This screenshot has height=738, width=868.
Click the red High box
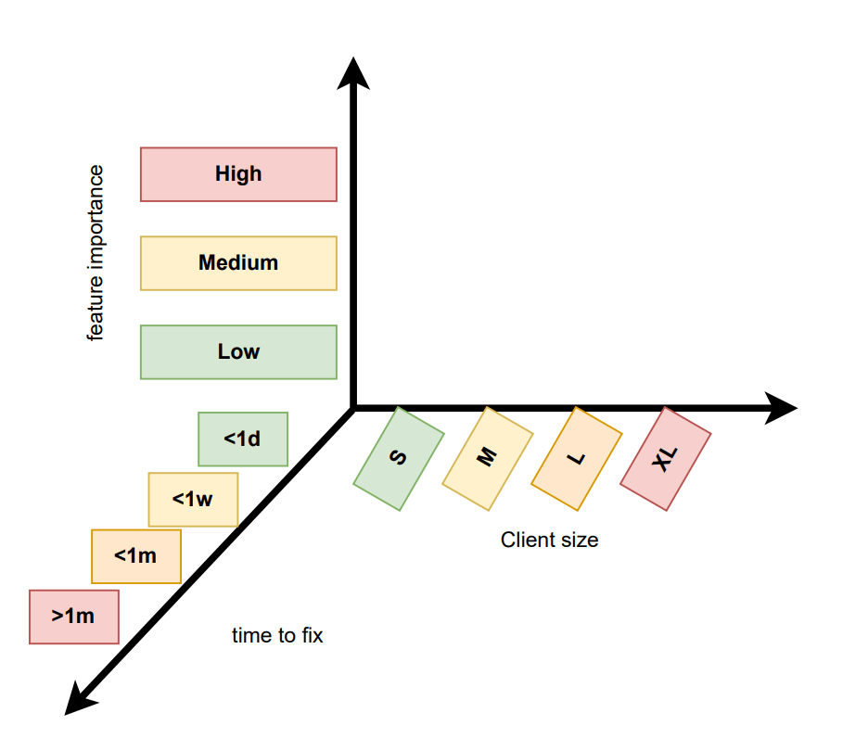point(238,174)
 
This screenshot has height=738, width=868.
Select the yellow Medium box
point(238,263)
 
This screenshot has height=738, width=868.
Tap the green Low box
point(238,352)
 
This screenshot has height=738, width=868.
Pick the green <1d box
point(243,439)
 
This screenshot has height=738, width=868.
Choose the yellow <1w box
point(193,500)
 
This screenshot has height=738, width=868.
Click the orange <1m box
point(135,556)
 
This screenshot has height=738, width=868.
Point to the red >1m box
point(74,617)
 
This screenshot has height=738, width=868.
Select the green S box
point(399,459)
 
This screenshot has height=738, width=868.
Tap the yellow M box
point(488,458)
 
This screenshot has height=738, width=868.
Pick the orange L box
point(576,458)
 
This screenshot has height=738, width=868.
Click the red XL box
point(665,458)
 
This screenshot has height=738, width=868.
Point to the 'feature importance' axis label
point(96,253)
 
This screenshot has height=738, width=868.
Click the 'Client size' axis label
point(549,540)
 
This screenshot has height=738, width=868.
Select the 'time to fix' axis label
point(277,636)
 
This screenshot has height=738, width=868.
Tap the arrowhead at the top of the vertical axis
point(352,72)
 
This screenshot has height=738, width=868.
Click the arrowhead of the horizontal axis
point(782,408)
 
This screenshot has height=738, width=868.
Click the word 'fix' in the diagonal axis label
point(311,636)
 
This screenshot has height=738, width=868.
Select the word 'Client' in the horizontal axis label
point(526,540)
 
